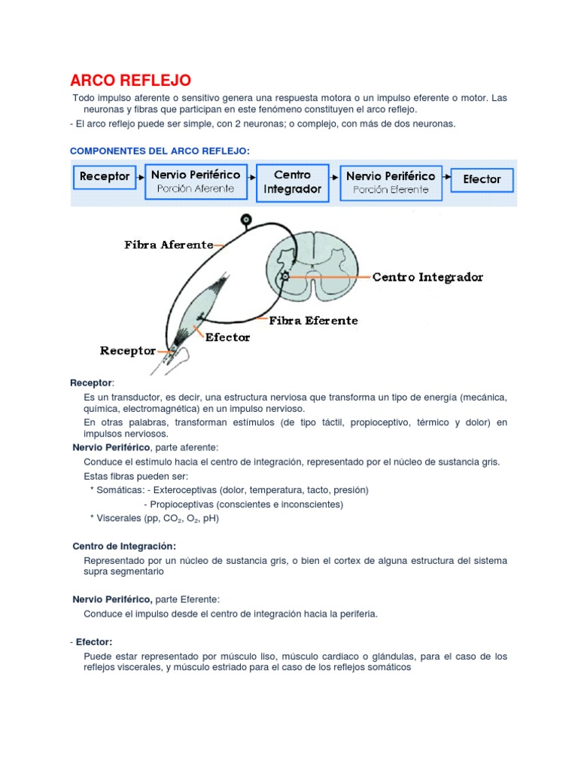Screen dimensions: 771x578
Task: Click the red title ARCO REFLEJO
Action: (x=130, y=80)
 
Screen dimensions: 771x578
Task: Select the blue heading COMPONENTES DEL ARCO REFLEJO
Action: (x=159, y=151)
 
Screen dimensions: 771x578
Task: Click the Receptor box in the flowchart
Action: (x=105, y=177)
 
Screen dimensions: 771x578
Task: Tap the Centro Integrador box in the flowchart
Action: (x=292, y=182)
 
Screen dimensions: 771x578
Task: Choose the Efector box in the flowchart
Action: (x=482, y=180)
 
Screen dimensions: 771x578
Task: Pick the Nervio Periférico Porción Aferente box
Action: (x=196, y=181)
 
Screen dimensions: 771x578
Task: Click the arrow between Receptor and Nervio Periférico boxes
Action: (x=139, y=178)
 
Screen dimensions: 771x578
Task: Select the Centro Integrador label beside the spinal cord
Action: (x=427, y=277)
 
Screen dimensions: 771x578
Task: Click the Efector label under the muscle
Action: (x=227, y=337)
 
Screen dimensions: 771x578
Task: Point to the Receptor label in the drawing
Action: (x=128, y=351)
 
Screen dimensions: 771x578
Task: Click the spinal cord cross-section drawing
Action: (x=308, y=261)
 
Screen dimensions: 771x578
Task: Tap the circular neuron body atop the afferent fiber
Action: (x=245, y=221)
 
